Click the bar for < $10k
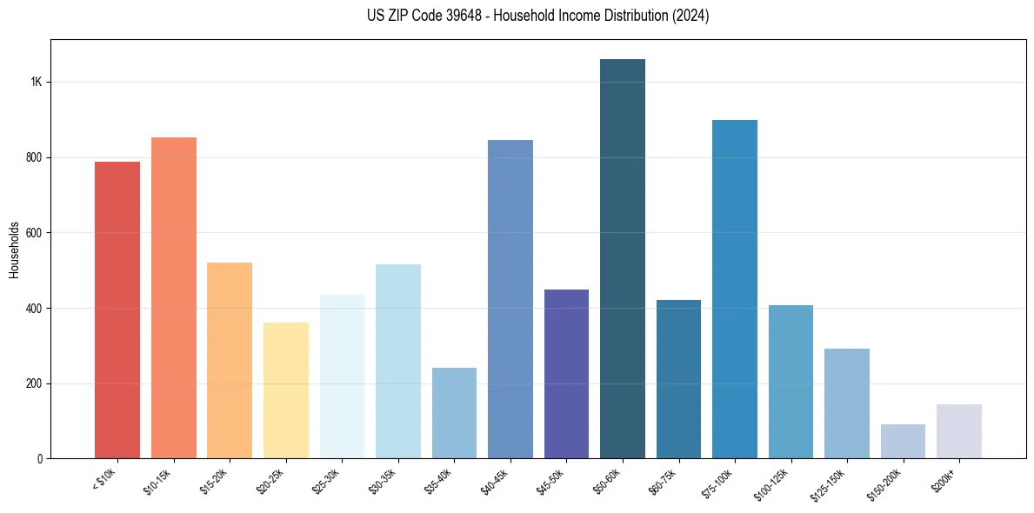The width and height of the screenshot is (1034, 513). tap(117, 310)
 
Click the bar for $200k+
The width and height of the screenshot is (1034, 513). tap(959, 431)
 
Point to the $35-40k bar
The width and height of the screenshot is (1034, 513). tap(454, 413)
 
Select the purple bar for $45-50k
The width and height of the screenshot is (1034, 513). tap(566, 374)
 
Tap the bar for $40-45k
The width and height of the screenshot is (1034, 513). tap(510, 299)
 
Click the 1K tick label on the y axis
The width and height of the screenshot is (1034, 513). tap(36, 82)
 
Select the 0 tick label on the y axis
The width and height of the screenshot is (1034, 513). tap(39, 458)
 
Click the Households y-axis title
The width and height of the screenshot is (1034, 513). tap(14, 250)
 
